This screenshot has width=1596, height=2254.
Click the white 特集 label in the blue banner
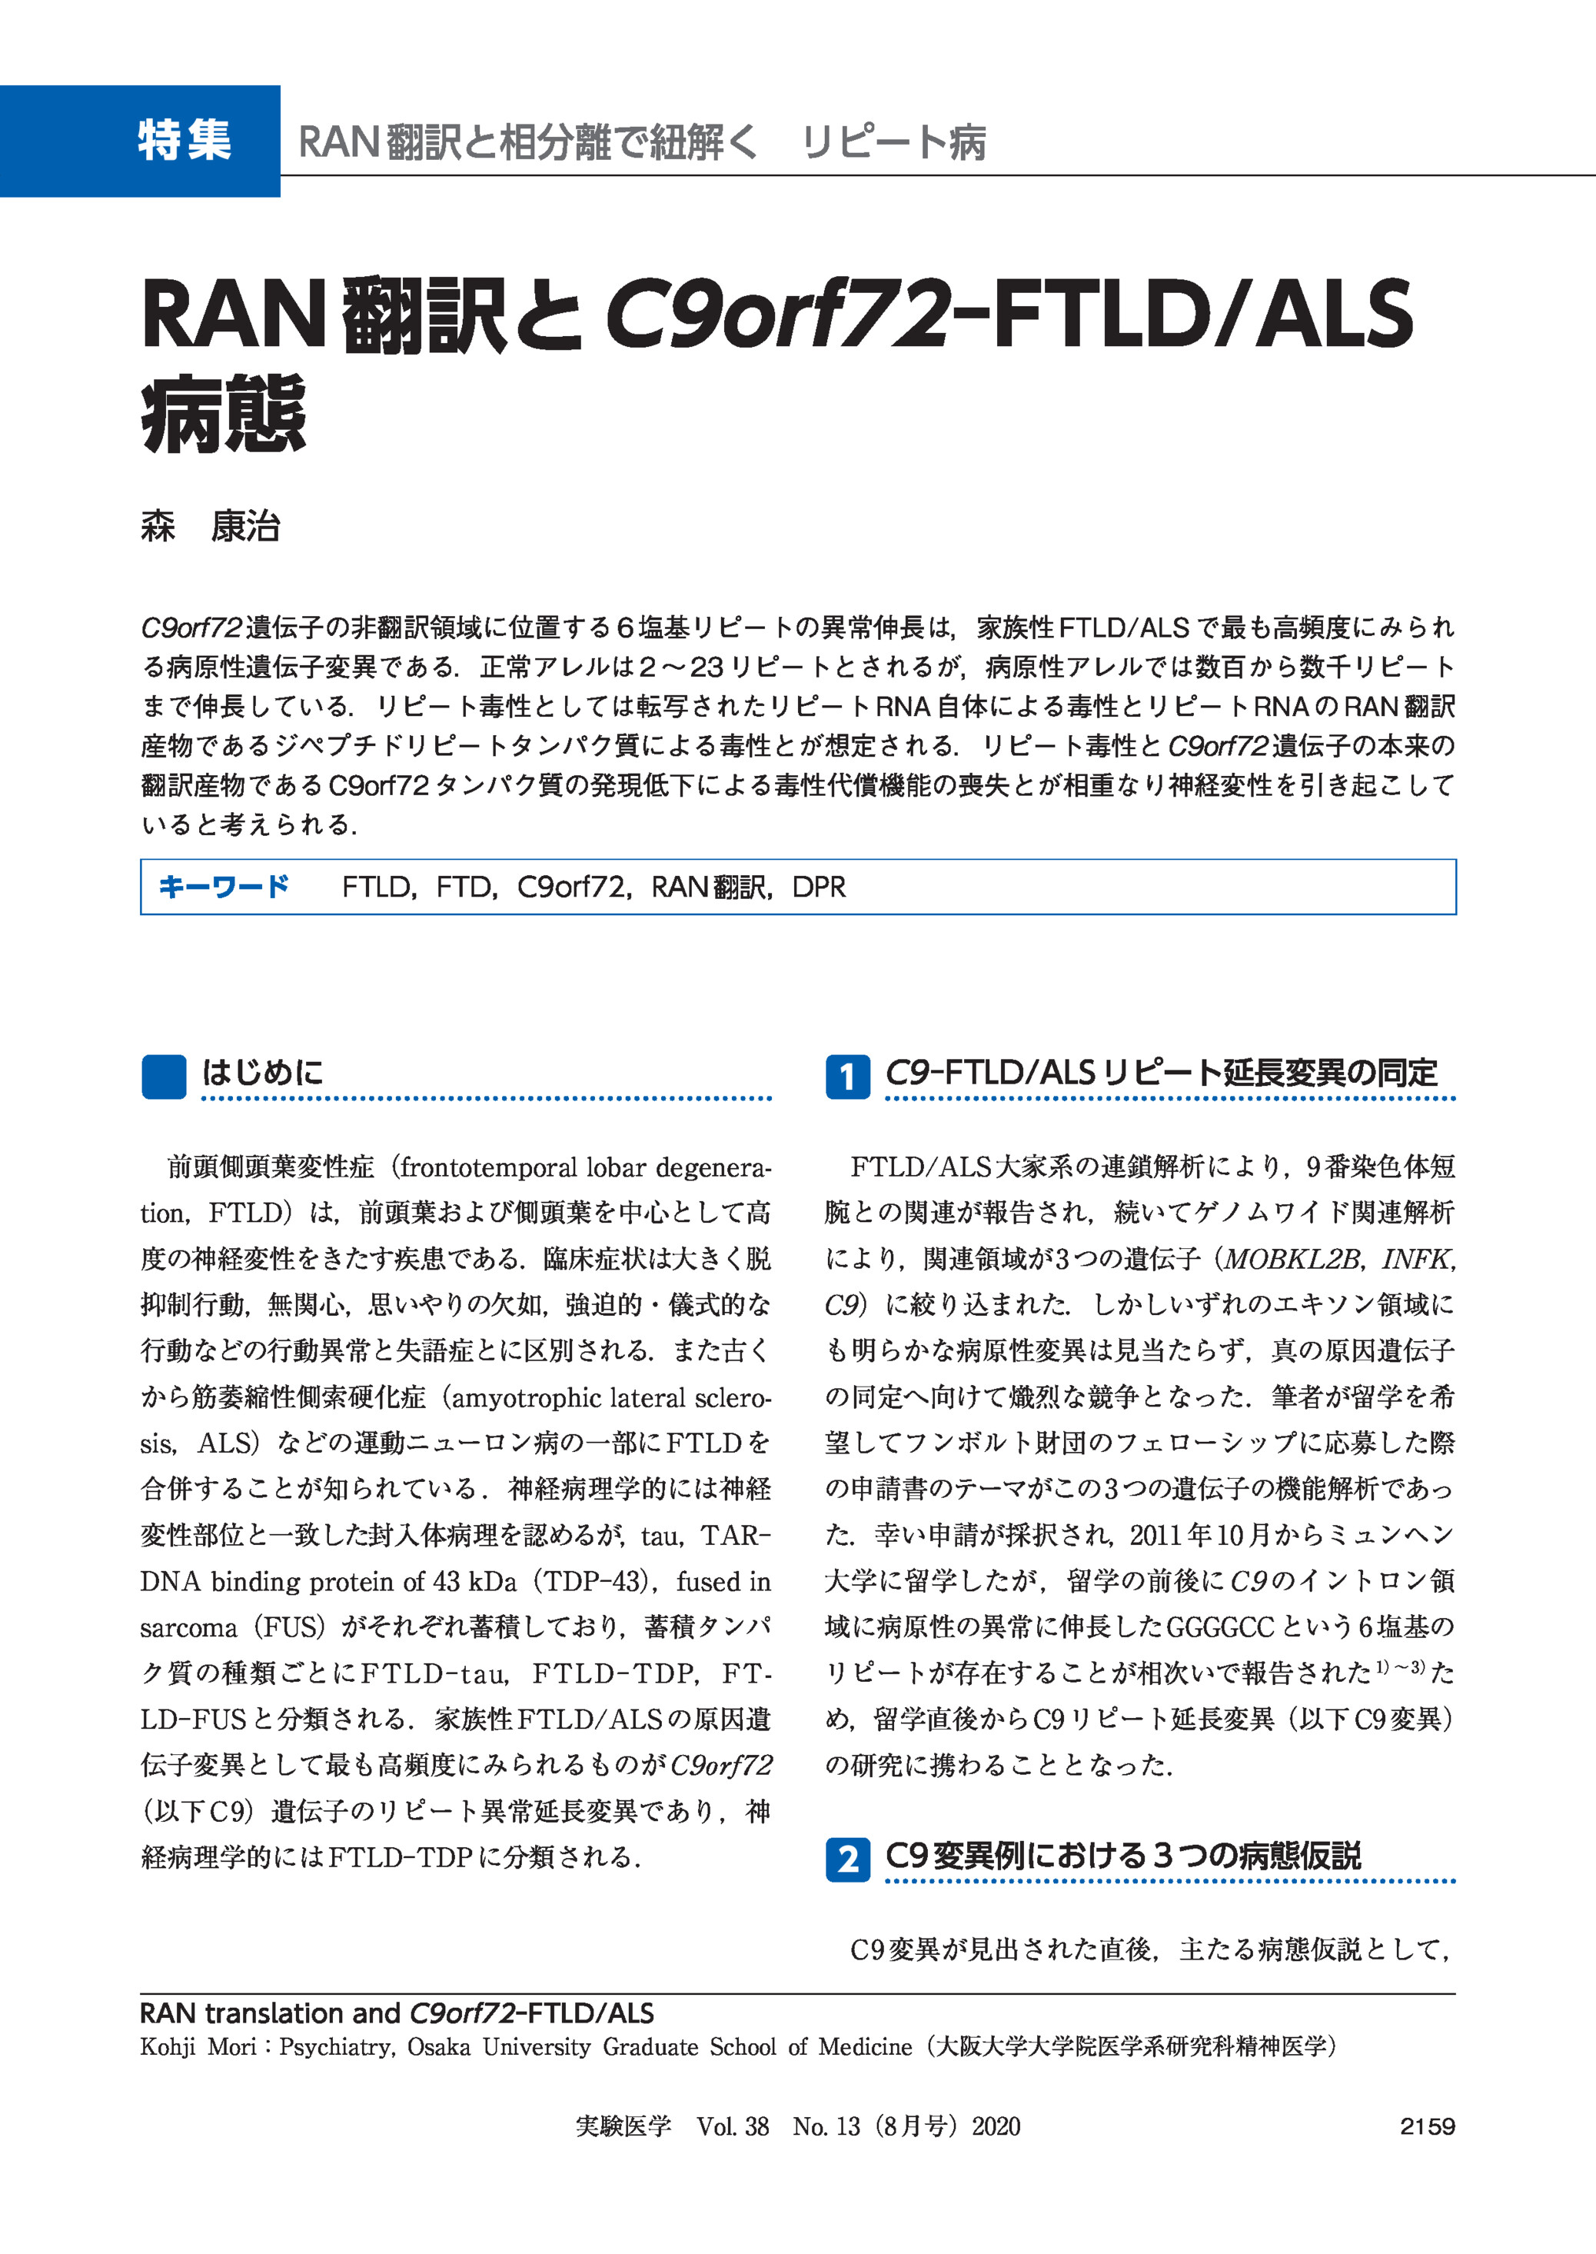(x=184, y=141)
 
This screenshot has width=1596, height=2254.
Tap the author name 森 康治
(x=211, y=527)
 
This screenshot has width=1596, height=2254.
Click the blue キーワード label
(x=224, y=887)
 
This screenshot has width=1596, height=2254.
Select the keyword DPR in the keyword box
(x=819, y=887)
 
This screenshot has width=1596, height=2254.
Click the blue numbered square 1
(x=847, y=1077)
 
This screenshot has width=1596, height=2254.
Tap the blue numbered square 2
(x=847, y=1859)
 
